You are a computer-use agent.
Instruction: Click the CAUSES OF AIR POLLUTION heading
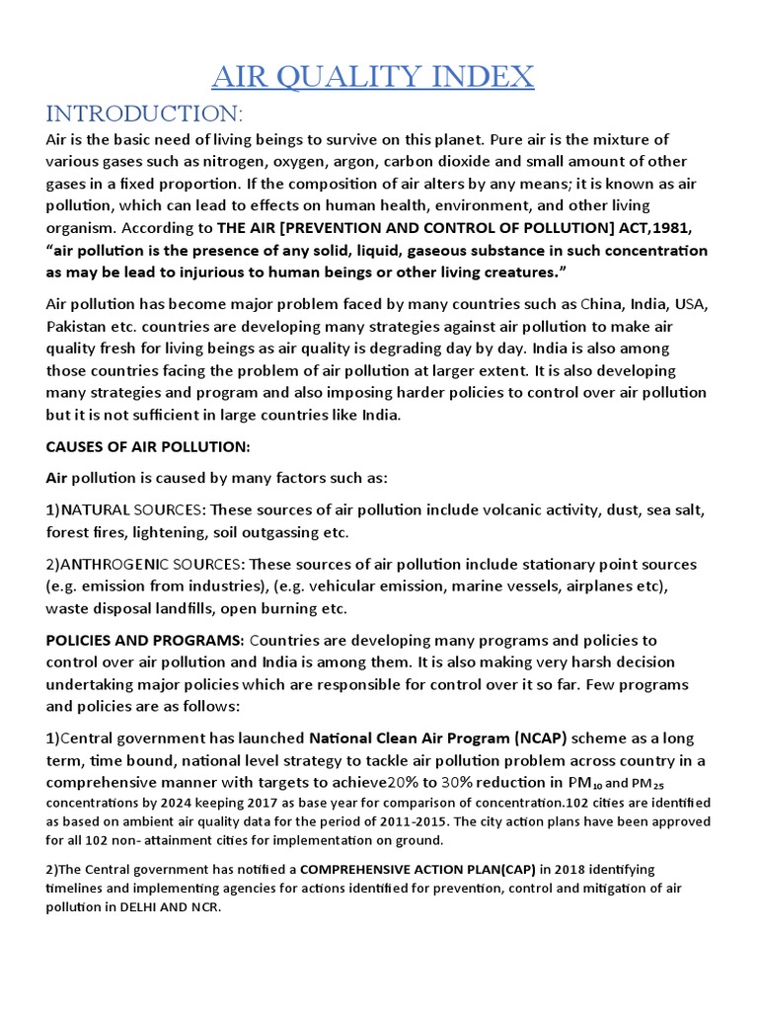(x=147, y=446)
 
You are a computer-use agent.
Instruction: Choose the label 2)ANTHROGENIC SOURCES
(x=143, y=564)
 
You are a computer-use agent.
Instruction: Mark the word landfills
(x=218, y=607)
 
